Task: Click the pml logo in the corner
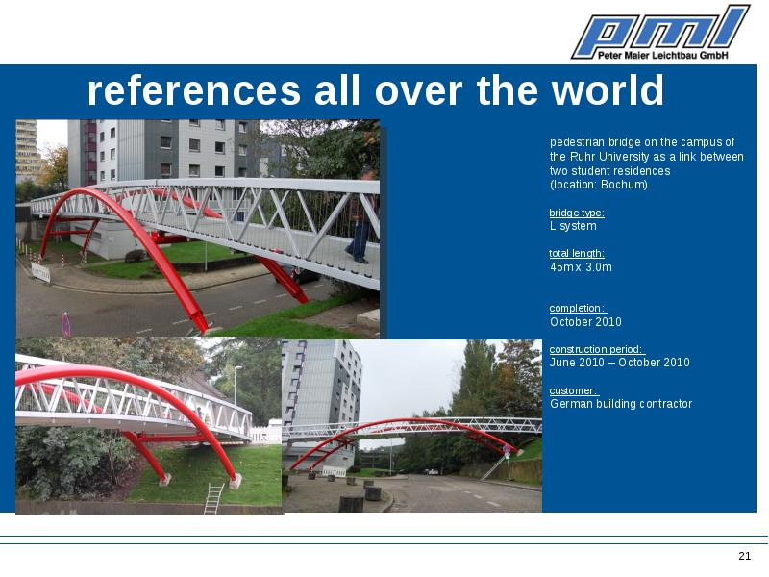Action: [660, 33]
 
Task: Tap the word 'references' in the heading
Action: [194, 90]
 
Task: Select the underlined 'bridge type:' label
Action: [577, 213]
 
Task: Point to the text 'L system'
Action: [573, 226]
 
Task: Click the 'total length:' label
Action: [577, 254]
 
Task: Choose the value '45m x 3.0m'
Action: [581, 267]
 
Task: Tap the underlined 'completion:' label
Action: [578, 308]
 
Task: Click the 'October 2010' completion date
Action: [585, 322]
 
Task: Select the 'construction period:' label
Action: [597, 349]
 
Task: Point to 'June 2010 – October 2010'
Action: [619, 363]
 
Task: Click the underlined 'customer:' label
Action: [574, 391]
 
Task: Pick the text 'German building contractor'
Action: [621, 404]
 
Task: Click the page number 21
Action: [744, 556]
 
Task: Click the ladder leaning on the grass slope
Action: [213, 498]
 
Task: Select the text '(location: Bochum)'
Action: [598, 185]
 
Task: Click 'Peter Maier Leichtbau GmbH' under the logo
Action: [662, 55]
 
